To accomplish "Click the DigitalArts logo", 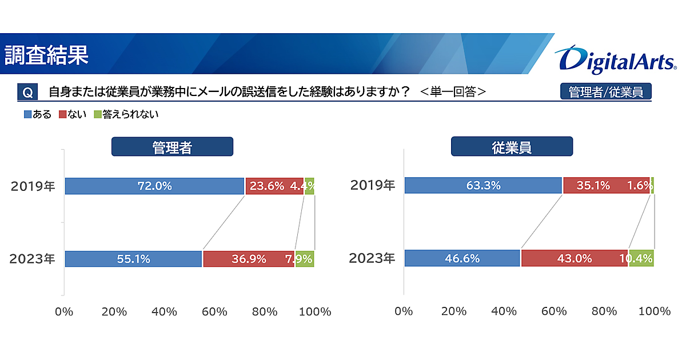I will click(x=615, y=59).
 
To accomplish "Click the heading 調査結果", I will click(x=47, y=54).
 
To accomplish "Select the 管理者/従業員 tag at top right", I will click(x=606, y=92).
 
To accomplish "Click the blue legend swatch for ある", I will click(x=27, y=114).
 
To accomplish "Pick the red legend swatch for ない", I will click(x=63, y=114).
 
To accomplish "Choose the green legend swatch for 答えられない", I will click(x=97, y=114).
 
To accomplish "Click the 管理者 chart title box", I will click(x=172, y=147).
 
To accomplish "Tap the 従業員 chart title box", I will click(x=512, y=147).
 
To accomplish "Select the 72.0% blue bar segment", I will click(x=154, y=186).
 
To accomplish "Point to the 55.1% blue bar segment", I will click(x=133, y=259).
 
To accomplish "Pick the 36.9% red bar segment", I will click(x=249, y=259).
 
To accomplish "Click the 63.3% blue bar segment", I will click(x=483, y=186).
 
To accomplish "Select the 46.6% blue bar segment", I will click(x=462, y=258).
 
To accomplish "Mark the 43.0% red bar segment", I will click(x=574, y=258).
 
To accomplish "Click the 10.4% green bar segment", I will click(x=641, y=258).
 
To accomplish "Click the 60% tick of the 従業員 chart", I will click(x=554, y=311).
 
